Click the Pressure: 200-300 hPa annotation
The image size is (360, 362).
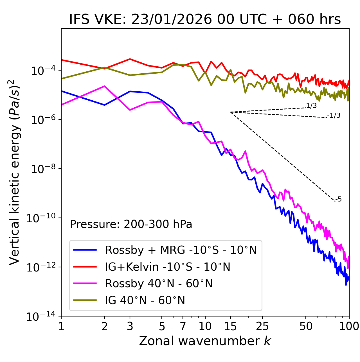[x=131, y=224]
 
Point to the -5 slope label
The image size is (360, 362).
[x=338, y=200]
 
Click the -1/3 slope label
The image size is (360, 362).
[x=334, y=116]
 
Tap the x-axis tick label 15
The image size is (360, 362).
[x=230, y=326]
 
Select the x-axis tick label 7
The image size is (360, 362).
[x=183, y=326]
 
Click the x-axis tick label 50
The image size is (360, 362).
[x=306, y=326]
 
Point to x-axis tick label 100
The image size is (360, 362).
[x=349, y=326]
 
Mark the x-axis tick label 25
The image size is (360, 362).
[x=262, y=326]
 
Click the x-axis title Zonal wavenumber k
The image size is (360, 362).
[x=205, y=341]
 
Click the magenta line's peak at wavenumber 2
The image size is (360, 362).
[x=105, y=86]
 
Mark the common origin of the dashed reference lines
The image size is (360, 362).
[x=230, y=112]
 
